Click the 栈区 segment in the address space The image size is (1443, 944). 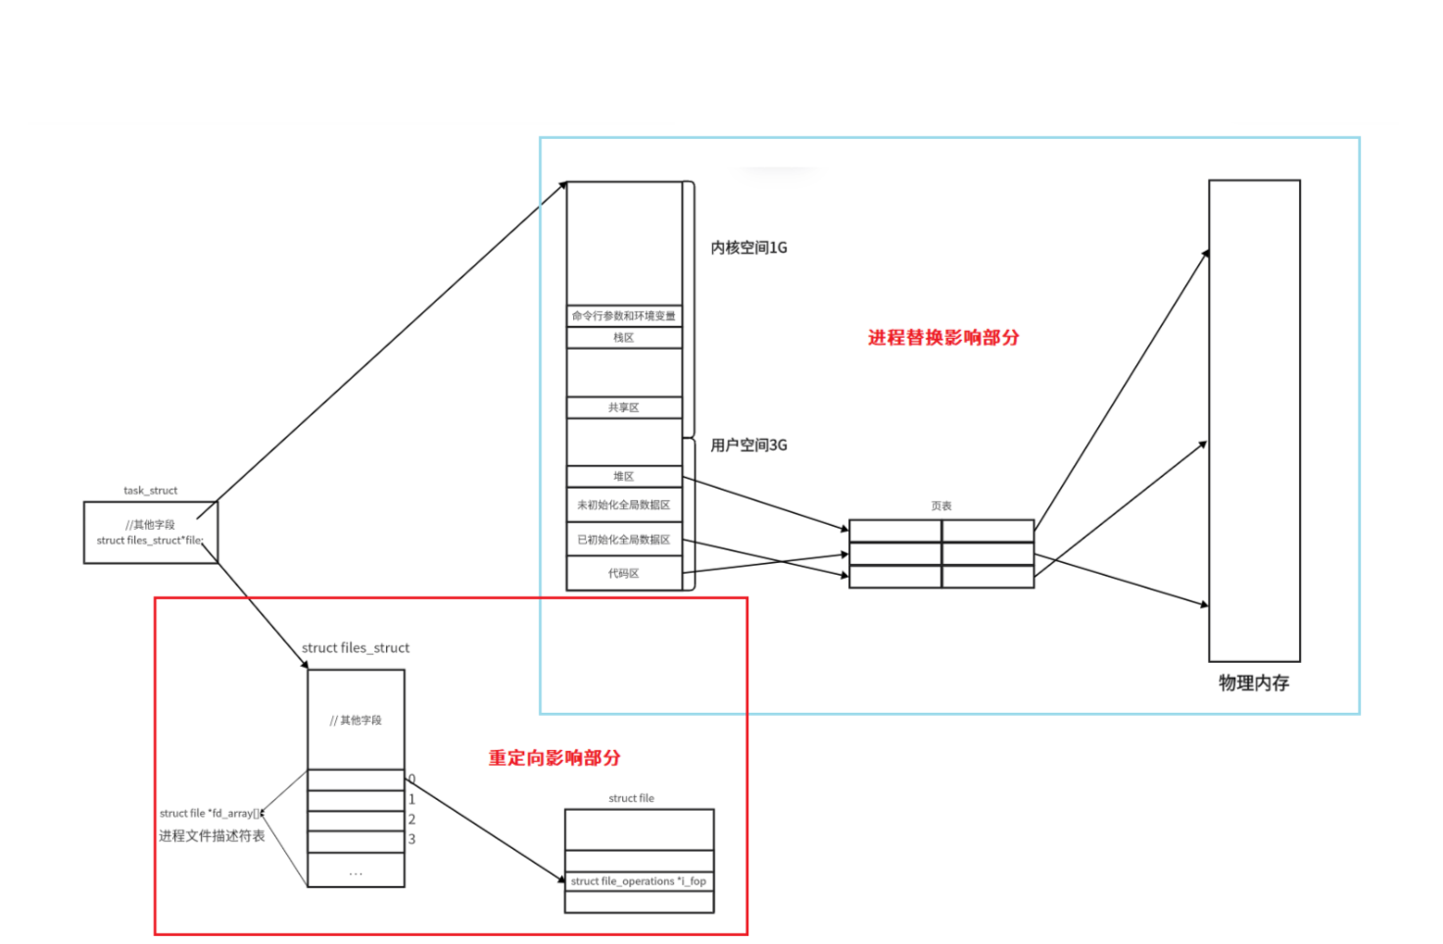click(x=624, y=338)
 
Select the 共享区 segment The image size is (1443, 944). click(x=624, y=407)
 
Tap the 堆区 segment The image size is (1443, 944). click(x=624, y=476)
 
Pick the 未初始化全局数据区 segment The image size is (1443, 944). click(x=624, y=505)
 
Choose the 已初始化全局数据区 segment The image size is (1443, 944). click(x=624, y=540)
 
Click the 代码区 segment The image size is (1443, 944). click(x=624, y=573)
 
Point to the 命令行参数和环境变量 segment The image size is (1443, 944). click(x=624, y=315)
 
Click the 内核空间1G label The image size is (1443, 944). click(x=748, y=248)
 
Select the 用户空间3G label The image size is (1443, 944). click(x=748, y=446)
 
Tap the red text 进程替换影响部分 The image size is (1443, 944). click(x=943, y=338)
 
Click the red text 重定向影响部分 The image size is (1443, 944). click(x=554, y=758)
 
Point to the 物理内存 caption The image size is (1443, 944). click(x=1254, y=684)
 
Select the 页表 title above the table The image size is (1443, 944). click(x=941, y=506)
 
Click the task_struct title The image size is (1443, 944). click(x=151, y=491)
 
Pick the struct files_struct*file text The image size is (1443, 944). click(x=150, y=541)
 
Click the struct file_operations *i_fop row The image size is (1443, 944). click(x=639, y=881)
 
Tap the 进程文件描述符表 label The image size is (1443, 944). click(x=212, y=836)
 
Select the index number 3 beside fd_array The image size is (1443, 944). click(x=412, y=839)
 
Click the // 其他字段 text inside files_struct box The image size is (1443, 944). click(x=356, y=721)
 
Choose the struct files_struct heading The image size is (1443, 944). click(x=356, y=648)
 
